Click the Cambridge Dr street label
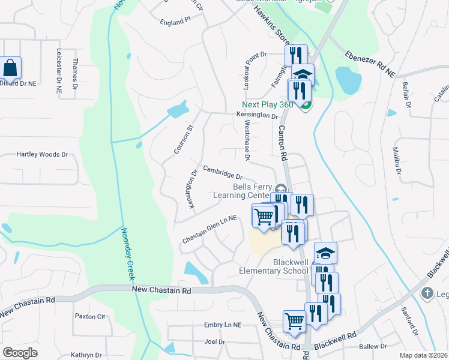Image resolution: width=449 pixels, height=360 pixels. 222,173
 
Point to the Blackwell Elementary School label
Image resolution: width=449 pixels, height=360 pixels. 274,266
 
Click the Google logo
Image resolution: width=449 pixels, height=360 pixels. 20,352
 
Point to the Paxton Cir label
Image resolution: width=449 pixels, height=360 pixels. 90,316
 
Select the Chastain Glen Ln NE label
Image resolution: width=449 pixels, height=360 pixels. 210,232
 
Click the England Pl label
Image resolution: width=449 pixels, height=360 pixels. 175,20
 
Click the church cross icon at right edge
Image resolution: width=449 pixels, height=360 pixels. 427,294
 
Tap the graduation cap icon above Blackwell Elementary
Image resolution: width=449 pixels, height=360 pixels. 325,253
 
